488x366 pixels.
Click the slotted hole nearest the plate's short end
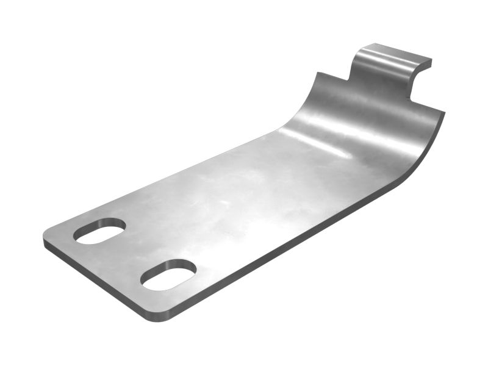point(99,231)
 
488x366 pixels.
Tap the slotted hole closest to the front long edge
point(168,274)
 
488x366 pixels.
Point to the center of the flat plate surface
point(232,213)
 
